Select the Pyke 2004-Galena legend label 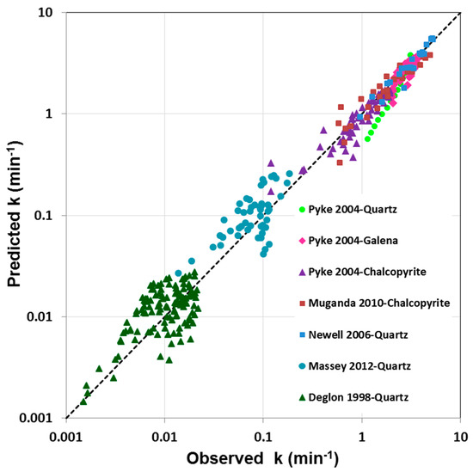tap(353, 240)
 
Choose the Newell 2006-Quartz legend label tap(356, 334)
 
